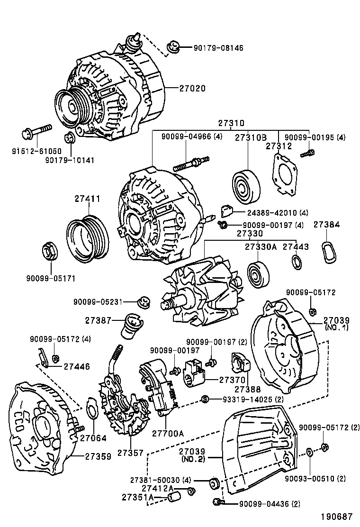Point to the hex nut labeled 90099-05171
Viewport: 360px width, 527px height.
[x=49, y=251]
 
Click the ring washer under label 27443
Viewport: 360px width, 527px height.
[x=297, y=261]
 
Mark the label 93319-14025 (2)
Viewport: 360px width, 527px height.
[x=253, y=399]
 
